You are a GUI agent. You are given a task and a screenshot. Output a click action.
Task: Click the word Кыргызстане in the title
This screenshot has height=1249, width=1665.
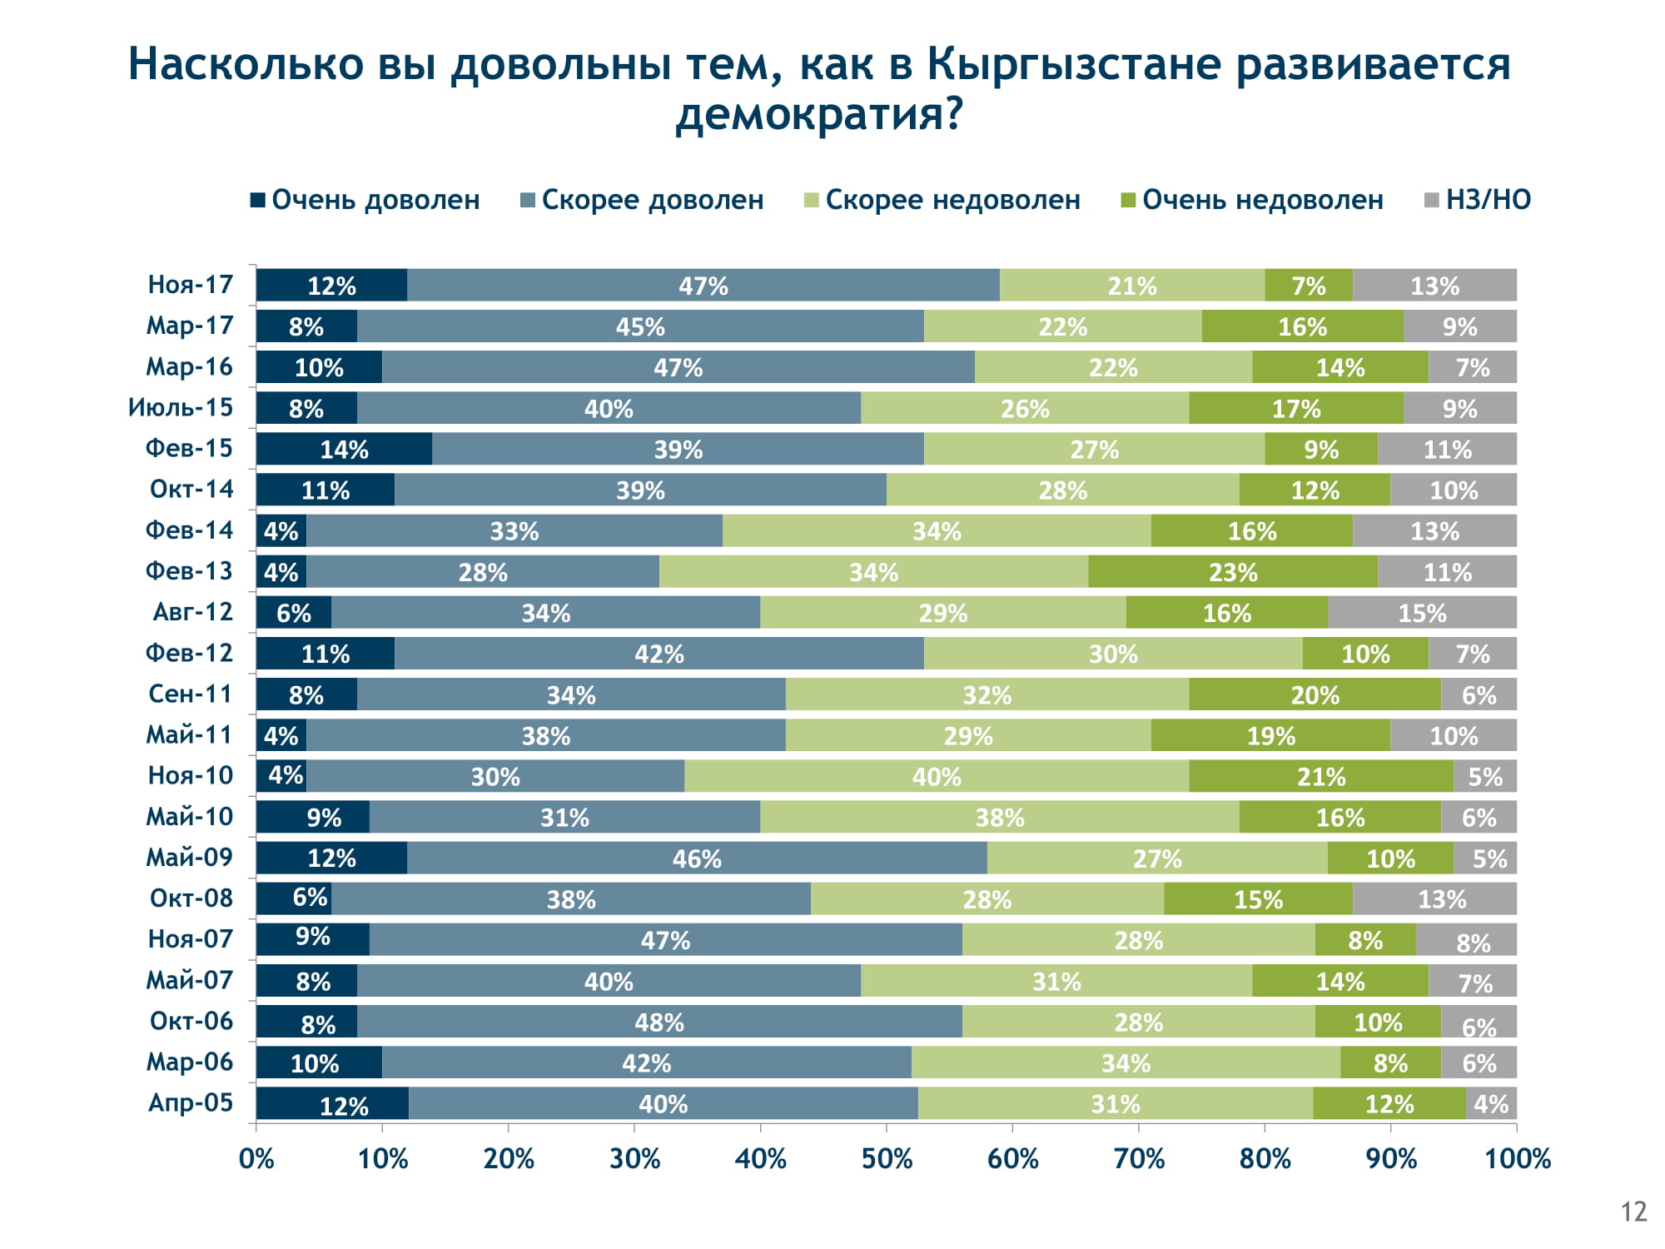[1071, 65]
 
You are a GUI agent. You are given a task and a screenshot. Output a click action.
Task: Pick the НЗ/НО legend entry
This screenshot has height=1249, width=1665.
[1478, 200]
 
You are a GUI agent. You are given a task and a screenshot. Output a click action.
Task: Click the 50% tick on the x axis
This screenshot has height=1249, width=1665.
[887, 1158]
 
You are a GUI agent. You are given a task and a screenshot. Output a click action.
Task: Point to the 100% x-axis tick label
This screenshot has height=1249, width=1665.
[1517, 1158]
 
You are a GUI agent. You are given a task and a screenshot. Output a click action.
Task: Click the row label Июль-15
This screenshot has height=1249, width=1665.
[181, 407]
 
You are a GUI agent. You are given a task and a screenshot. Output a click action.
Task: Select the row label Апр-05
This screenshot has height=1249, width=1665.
[191, 1102]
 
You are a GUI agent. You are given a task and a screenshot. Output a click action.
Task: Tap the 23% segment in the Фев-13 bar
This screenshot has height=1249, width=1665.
[1233, 572]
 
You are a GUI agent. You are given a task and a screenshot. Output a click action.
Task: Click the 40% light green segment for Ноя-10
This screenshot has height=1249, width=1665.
[937, 776]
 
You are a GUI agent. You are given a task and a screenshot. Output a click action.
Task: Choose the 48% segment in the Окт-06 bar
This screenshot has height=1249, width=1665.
[659, 1022]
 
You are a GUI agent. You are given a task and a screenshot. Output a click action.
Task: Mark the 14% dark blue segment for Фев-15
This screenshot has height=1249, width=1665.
[344, 449]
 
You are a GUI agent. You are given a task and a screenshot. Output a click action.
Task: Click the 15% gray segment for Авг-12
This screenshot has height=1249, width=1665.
[1422, 613]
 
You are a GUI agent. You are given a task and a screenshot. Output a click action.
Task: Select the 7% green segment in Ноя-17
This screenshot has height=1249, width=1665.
[1309, 286]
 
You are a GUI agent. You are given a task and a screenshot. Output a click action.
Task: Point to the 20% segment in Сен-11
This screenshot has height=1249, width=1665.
[1315, 694]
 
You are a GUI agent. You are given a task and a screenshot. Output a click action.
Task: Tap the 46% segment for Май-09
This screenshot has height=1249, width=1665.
[697, 858]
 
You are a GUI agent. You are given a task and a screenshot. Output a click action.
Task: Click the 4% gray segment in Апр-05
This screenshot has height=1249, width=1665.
[1491, 1103]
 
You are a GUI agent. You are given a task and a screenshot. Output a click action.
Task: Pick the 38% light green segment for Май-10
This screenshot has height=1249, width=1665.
[1000, 817]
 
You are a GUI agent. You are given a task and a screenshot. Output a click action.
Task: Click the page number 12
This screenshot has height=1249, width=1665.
[1634, 1212]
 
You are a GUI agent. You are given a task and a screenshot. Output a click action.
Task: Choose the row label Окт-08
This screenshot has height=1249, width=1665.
[191, 898]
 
